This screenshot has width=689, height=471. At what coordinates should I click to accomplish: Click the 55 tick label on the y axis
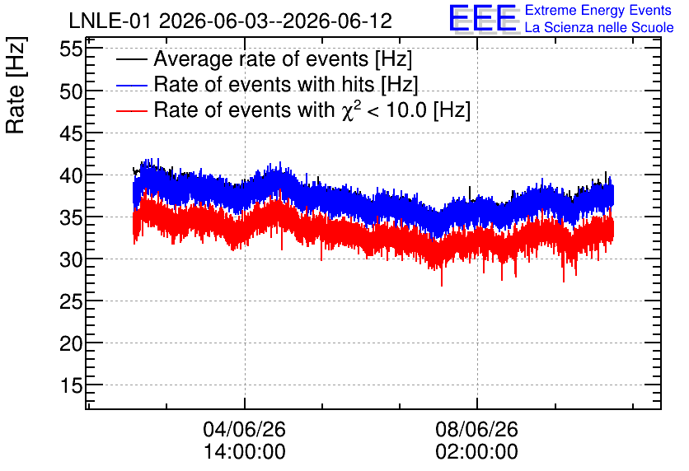(x=71, y=49)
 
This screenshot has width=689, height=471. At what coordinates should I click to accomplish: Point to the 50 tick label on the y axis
(x=71, y=91)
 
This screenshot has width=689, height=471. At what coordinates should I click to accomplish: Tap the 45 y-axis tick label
(x=71, y=133)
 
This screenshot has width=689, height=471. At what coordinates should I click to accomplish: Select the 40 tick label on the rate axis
(x=71, y=175)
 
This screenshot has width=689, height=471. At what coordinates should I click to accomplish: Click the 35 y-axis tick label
(x=71, y=217)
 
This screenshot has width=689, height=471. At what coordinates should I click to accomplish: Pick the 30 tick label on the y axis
(x=71, y=259)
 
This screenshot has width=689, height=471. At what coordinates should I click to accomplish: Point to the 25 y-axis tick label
(x=71, y=301)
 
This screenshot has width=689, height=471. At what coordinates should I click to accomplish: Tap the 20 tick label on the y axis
(x=71, y=343)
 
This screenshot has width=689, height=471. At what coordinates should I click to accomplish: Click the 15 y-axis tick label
(x=71, y=385)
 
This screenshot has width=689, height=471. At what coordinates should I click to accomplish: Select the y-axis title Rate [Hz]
(x=16, y=85)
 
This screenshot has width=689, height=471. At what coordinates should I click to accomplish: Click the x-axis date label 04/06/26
(x=244, y=429)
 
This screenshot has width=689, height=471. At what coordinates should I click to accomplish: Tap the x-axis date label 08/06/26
(x=476, y=429)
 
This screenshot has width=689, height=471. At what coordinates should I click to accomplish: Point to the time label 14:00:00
(x=244, y=452)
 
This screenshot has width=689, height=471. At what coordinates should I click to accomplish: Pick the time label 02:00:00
(x=476, y=452)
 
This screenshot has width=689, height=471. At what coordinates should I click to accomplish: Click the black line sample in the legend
(x=131, y=59)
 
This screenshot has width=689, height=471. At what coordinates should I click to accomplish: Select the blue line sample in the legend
(x=131, y=85)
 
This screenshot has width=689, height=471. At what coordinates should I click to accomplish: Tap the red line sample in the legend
(x=131, y=110)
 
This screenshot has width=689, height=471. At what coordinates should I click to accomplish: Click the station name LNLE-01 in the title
(x=111, y=21)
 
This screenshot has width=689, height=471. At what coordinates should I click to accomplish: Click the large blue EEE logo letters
(x=483, y=18)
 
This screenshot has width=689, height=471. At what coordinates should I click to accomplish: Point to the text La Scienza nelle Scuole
(x=599, y=27)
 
